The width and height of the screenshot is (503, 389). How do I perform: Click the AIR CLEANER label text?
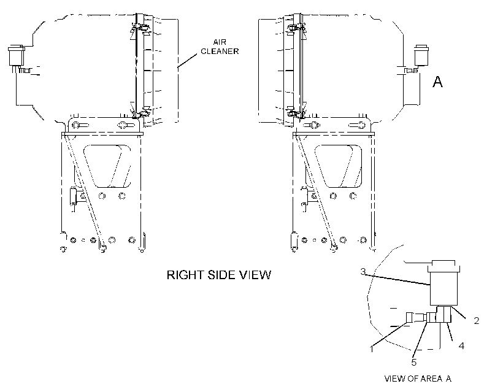[x=220, y=47]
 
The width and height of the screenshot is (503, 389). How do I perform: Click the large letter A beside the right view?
[x=437, y=82]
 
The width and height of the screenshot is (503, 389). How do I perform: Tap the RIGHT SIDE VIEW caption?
[x=219, y=275]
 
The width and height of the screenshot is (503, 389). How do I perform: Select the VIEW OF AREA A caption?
[x=418, y=379]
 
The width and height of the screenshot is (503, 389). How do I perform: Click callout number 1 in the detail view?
[x=372, y=349]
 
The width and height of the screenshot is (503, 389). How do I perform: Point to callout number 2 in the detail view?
[x=477, y=320]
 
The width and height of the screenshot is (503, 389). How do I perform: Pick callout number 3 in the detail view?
[x=363, y=272]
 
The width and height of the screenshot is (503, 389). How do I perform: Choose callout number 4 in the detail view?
[x=461, y=345]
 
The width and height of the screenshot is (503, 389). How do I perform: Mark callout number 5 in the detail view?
[x=414, y=363]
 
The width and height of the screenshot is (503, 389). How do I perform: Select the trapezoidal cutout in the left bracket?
[x=107, y=166]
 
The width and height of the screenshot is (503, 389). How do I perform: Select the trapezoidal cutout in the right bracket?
[x=338, y=166]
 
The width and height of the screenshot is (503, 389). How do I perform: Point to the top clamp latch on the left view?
[x=139, y=28]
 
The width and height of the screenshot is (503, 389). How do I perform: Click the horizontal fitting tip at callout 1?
[x=410, y=317]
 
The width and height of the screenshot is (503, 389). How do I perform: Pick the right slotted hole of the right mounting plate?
[x=358, y=125]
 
